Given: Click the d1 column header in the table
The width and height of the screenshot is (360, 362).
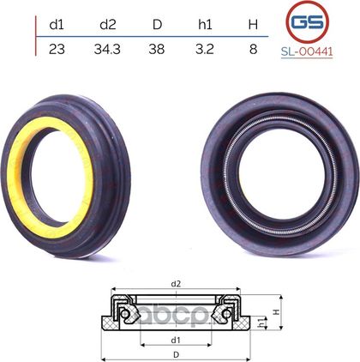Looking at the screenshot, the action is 57,25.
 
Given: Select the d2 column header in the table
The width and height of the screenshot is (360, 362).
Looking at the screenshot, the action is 108,25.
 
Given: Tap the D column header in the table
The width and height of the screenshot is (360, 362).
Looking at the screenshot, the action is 157,25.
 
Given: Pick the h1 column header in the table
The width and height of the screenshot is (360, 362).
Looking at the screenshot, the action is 205,25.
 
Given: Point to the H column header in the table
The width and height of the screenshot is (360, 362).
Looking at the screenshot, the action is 253,25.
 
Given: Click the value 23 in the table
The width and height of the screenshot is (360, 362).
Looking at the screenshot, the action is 57,50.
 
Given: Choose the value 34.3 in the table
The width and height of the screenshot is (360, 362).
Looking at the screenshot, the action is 107,50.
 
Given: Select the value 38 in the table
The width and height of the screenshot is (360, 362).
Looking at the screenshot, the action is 157,50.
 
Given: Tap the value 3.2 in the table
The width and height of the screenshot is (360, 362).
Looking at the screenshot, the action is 205,50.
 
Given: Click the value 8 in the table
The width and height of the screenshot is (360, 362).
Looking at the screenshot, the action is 253,50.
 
